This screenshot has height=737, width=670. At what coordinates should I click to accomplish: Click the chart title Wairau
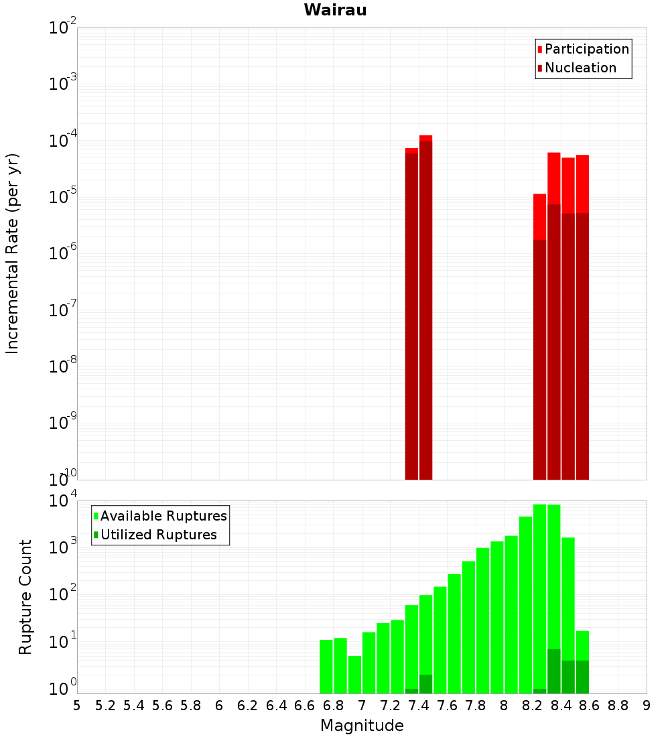point(335,10)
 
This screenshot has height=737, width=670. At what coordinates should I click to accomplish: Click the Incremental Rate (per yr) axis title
point(13,253)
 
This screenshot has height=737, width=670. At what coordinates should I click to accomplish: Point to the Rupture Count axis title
point(25,597)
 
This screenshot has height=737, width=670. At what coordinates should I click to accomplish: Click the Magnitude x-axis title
point(362,726)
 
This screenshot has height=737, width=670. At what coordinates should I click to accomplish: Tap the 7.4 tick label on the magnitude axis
point(419,706)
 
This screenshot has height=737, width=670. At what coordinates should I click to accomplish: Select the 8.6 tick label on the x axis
point(590,706)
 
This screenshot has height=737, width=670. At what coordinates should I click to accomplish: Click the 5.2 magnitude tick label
point(105,706)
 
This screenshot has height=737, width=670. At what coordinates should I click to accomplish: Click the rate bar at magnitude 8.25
point(539,335)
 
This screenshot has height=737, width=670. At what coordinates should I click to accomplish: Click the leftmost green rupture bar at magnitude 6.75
point(326,667)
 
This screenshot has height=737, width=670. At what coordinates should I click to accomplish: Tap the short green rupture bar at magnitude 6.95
point(354,675)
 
